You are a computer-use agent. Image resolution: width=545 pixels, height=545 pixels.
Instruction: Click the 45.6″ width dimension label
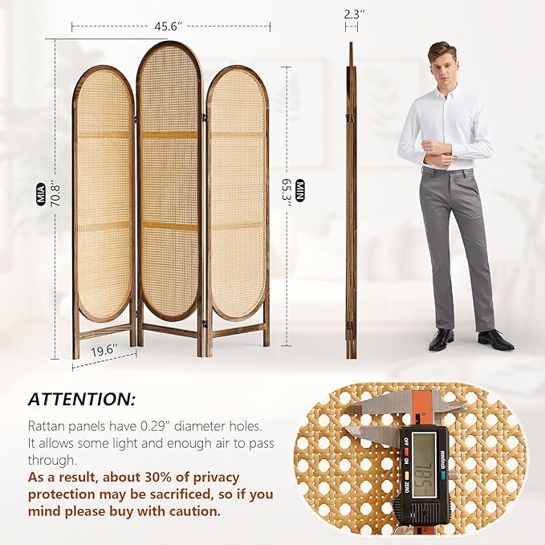166,26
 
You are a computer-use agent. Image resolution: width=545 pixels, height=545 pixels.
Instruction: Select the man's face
441,63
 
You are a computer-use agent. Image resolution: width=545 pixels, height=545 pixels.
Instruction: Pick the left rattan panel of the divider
104,197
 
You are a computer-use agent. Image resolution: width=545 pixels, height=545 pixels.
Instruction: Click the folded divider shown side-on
351,201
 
